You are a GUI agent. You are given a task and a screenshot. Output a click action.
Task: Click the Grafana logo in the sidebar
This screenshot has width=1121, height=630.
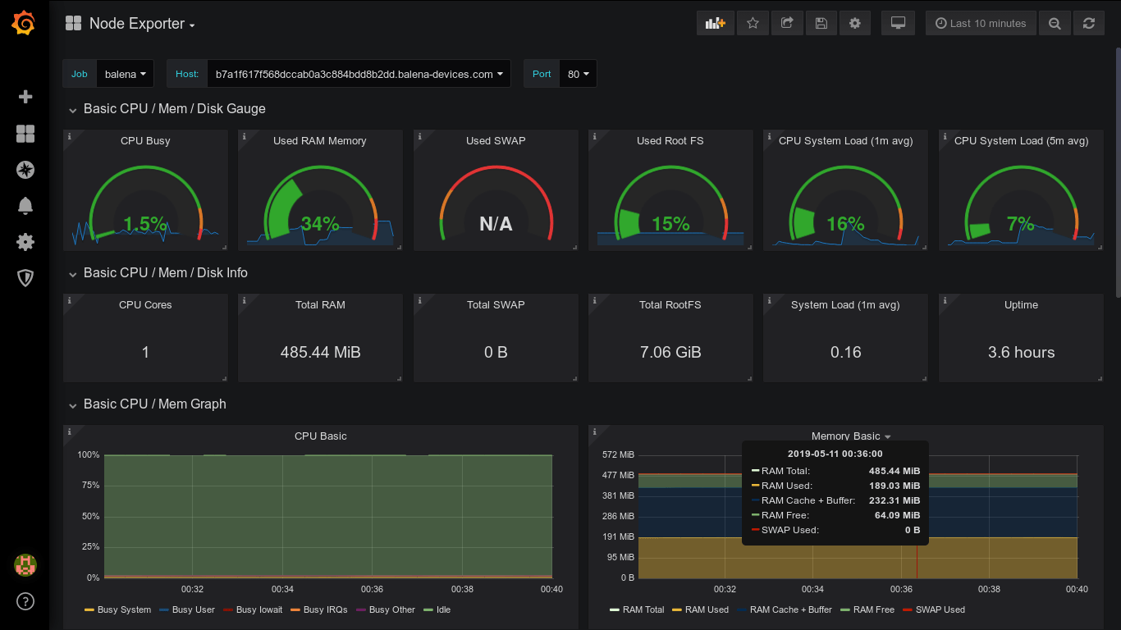[x=24, y=24]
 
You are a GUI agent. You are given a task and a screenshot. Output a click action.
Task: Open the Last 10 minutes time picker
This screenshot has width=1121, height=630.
[x=980, y=24]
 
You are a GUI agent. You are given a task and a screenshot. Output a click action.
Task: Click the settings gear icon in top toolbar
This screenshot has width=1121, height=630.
[x=854, y=24]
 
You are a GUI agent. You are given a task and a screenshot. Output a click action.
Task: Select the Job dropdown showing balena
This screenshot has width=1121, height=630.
[x=125, y=74]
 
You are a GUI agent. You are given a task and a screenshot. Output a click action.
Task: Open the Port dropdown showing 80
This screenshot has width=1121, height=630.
[x=578, y=74]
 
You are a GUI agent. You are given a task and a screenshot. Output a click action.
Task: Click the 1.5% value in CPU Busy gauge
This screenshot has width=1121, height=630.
[x=145, y=224]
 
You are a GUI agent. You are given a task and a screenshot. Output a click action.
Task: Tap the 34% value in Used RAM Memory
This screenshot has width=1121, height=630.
[x=320, y=224]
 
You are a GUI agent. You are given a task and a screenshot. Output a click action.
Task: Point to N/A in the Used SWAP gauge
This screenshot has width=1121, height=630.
[x=496, y=224]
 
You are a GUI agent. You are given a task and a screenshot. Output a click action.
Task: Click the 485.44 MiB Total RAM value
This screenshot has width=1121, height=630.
[x=320, y=353]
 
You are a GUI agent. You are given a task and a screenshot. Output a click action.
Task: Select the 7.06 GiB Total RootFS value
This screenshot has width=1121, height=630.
[x=670, y=353]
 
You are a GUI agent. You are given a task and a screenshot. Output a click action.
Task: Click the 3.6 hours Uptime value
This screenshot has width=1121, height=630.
[x=1021, y=353]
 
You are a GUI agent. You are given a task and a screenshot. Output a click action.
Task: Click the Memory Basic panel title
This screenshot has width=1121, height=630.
[x=845, y=436]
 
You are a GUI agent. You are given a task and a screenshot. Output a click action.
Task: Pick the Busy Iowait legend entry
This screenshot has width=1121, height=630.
[x=259, y=610]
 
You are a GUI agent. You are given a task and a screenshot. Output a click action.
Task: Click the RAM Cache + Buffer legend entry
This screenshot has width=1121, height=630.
[x=790, y=610]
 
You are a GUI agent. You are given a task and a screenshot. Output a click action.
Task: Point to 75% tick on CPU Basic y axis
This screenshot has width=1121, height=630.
[x=89, y=486]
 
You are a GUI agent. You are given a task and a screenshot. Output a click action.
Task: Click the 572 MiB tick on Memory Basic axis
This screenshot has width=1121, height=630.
[x=618, y=455]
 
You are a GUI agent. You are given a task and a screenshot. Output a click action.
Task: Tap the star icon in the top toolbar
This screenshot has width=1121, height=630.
[x=753, y=24]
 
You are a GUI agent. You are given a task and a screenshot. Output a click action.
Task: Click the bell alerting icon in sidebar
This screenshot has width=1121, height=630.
[x=25, y=205]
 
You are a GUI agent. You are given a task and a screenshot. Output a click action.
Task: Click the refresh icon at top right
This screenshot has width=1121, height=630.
[x=1088, y=24]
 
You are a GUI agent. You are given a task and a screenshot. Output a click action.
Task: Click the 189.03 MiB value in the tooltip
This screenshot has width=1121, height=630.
[x=895, y=486]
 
